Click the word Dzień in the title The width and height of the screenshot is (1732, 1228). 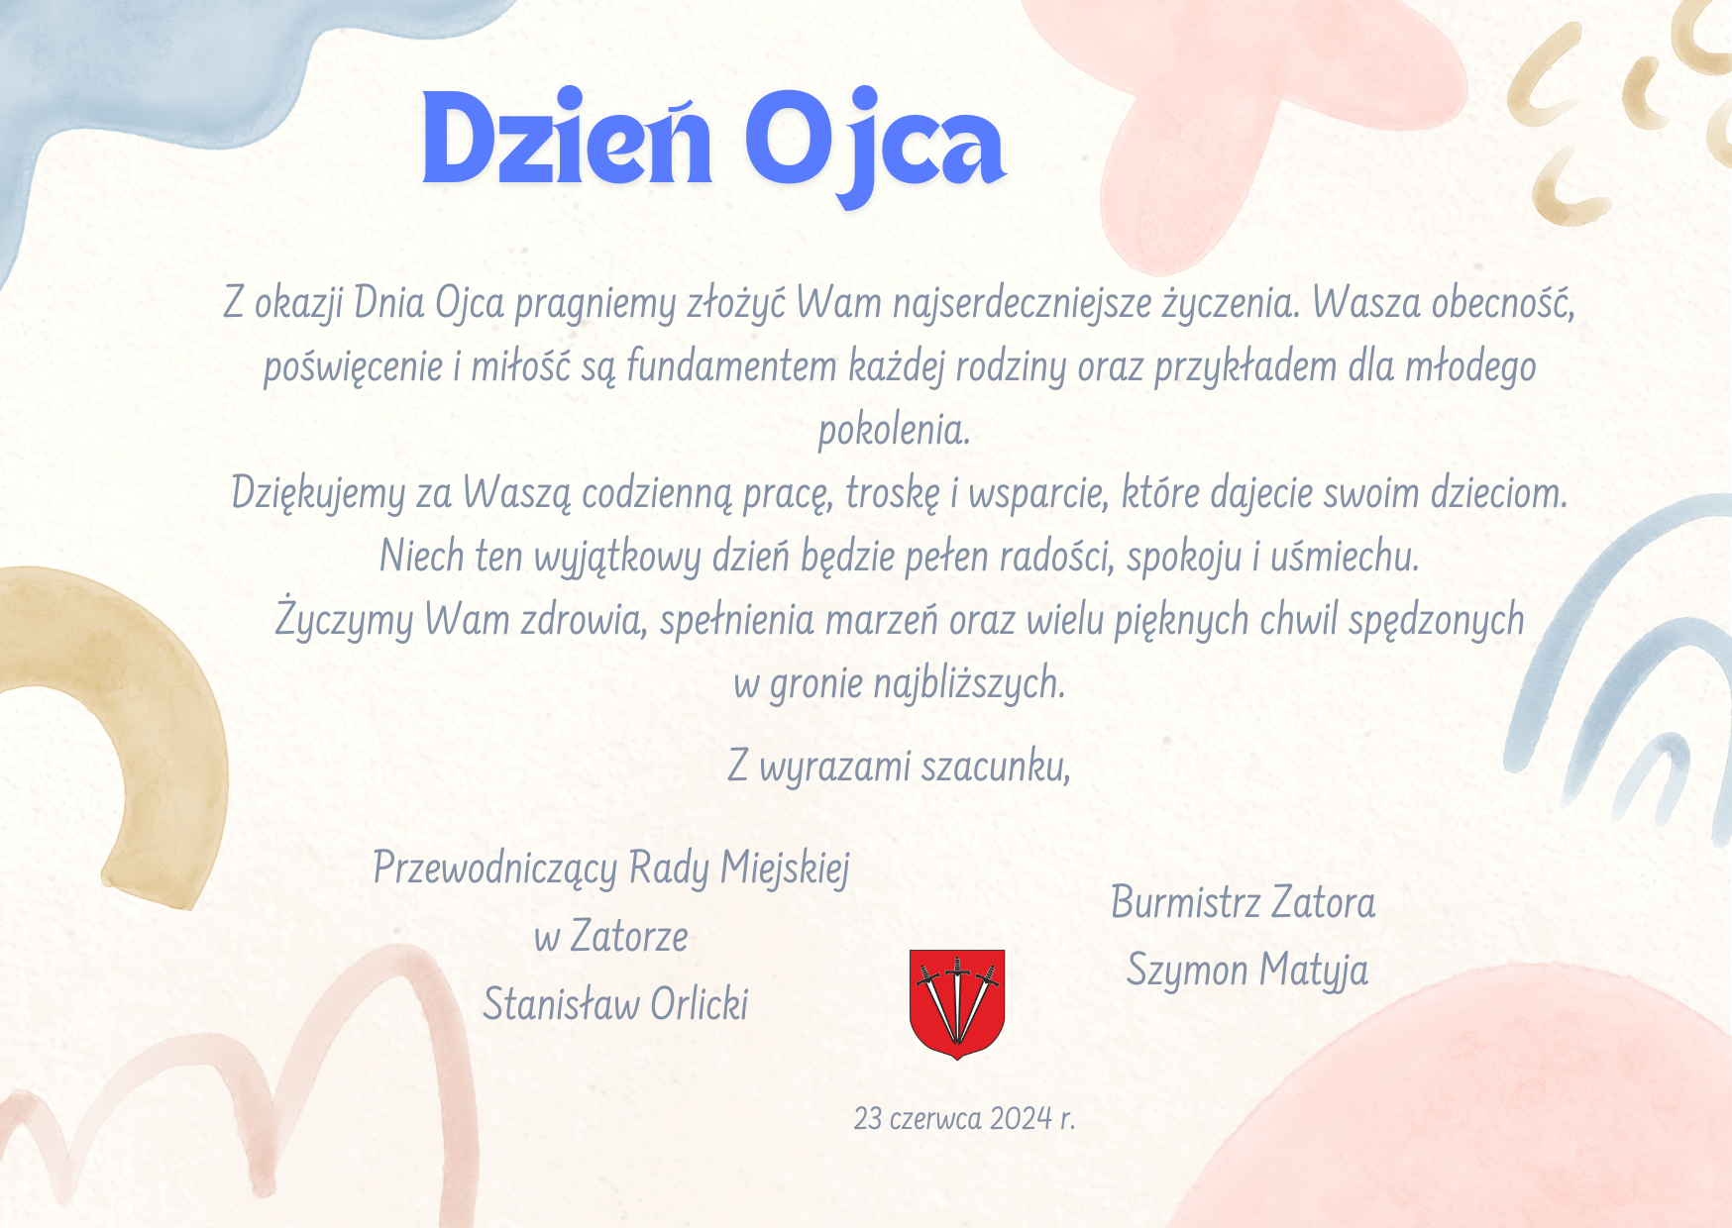567,139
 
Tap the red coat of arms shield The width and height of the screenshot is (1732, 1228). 957,1003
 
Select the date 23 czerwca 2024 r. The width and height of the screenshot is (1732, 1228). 964,1118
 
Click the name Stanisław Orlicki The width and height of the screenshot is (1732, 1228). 615,1004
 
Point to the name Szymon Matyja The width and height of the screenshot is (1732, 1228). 1247,971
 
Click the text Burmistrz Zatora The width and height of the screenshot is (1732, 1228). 1244,902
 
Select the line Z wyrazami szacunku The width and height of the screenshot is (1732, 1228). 900,767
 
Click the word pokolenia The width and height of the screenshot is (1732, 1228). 894,430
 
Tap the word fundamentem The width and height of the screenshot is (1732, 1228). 732,366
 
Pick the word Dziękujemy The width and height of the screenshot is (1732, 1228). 318,493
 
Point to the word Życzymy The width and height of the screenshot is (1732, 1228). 344,620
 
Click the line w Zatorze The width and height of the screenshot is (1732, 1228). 611,936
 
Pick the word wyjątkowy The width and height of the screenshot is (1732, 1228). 617,558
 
